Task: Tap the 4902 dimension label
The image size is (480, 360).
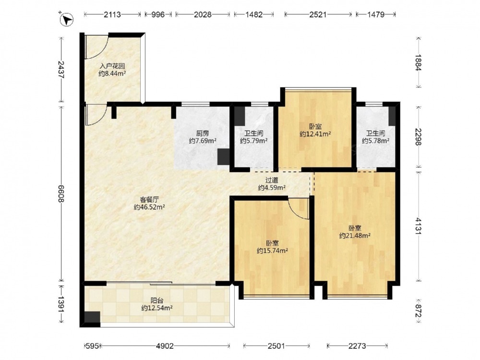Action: tap(165, 346)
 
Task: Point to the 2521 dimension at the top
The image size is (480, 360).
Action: tap(318, 14)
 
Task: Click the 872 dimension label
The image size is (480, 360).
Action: tap(419, 311)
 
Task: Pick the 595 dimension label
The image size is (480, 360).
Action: tap(92, 346)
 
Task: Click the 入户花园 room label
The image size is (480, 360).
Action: tap(112, 66)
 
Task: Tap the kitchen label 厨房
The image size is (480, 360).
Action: tap(203, 133)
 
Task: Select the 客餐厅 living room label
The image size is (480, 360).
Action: tap(149, 200)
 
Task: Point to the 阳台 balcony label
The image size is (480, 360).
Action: tap(157, 300)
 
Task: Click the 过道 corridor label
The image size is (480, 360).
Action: tap(272, 180)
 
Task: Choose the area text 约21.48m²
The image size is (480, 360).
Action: tap(355, 236)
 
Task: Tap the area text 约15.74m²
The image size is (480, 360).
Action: tap(272, 251)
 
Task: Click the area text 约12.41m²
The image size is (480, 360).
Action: tap(315, 134)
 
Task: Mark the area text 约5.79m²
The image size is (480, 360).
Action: tap(254, 141)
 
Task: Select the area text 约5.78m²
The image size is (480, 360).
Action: tap(376, 141)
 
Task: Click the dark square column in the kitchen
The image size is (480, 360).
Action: tap(224, 156)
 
